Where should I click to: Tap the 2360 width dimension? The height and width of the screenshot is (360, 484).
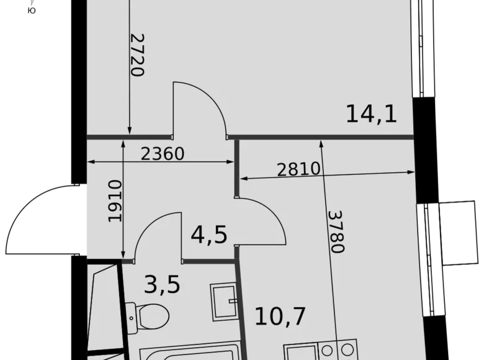point(163,153)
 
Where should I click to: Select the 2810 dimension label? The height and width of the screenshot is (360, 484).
point(298,169)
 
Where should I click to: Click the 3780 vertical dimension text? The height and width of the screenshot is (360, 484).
point(336,231)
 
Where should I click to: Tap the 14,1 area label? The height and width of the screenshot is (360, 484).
point(371,114)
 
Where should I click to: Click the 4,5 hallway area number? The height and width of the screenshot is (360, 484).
point(208,236)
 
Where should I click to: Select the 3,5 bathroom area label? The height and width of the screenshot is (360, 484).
point(162,285)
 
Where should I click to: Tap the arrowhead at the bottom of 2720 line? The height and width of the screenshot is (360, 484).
point(129,130)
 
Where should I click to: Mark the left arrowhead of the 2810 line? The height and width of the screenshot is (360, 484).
point(244,179)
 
